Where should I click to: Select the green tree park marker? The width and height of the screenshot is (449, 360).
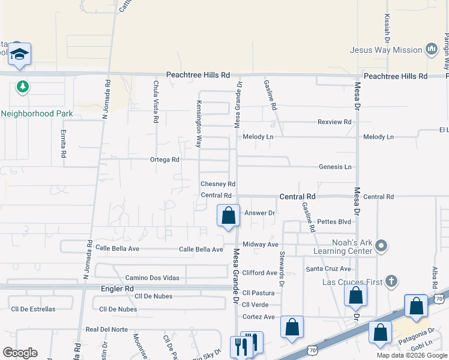(x=23, y=87)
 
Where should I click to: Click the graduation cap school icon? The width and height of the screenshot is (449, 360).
(x=20, y=55)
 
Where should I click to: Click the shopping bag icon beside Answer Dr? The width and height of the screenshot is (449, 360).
(x=228, y=216)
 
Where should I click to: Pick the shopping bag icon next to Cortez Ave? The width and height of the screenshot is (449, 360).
(x=292, y=327)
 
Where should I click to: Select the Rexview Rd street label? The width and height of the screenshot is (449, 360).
(x=334, y=122)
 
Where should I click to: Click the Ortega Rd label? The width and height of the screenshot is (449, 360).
(x=164, y=160)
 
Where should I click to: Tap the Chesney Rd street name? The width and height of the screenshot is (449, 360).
(x=217, y=184)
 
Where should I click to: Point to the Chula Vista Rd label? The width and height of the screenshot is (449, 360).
(x=155, y=102)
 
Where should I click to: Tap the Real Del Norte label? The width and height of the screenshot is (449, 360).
(x=107, y=329)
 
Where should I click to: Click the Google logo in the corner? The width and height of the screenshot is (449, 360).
(x=20, y=353)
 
